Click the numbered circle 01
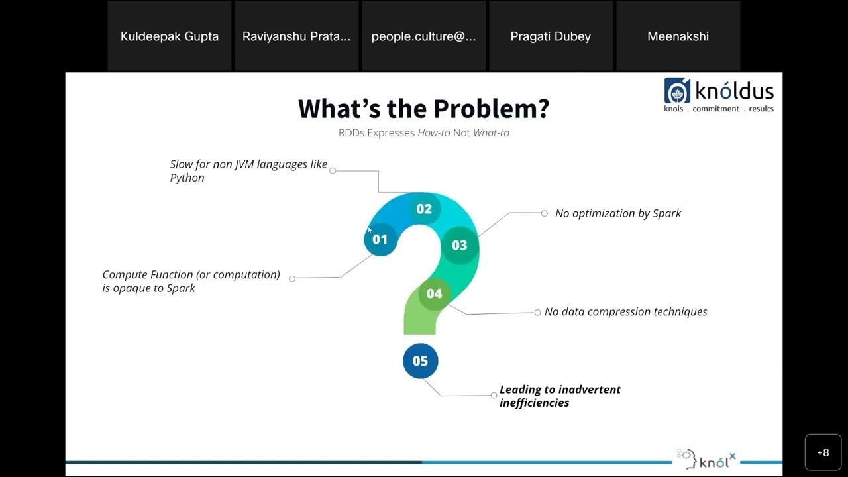tap(380, 239)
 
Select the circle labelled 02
tap(424, 209)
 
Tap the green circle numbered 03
tap(460, 245)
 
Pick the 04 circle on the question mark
tap(434, 293)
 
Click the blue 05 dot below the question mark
tap(421, 361)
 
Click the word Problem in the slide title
tap(491, 109)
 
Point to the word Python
tap(187, 178)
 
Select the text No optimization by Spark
tap(617, 213)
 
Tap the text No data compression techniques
tap(625, 311)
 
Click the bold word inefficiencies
tap(534, 403)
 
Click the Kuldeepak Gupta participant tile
tap(170, 36)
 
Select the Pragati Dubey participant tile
tap(551, 36)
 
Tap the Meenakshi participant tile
tap(678, 36)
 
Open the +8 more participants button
tap(823, 452)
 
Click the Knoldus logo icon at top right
tap(677, 91)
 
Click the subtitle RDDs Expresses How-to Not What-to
tap(424, 132)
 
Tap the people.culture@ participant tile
tap(424, 36)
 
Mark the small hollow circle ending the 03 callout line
tap(545, 213)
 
